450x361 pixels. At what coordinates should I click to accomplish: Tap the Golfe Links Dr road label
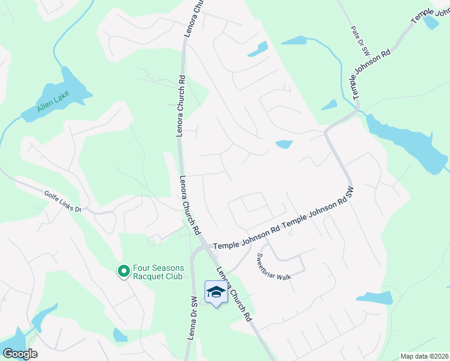pos(63,201)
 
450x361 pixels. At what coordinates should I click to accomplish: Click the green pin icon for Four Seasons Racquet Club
pos(123,272)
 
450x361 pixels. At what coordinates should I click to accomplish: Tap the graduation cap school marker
pos(216,292)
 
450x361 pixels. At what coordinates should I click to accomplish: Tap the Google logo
pos(19,354)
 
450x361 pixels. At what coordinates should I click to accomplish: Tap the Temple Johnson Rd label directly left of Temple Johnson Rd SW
pos(247,238)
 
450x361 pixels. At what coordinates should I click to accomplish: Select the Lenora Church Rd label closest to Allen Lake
pos(180,106)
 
